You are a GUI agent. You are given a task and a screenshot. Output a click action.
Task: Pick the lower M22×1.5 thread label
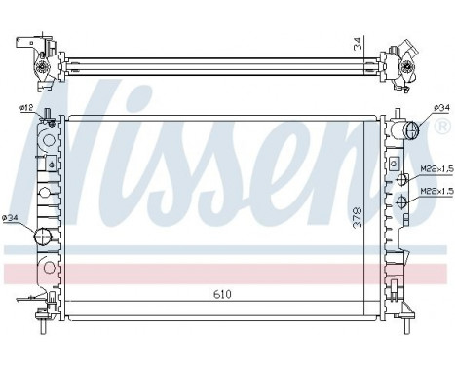[x=435, y=192]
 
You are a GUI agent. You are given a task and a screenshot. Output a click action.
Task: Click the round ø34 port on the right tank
[x=410, y=129]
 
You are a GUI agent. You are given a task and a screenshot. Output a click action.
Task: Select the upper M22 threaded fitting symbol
[x=400, y=179]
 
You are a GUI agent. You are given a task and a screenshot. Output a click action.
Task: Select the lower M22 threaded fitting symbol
[x=400, y=202]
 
